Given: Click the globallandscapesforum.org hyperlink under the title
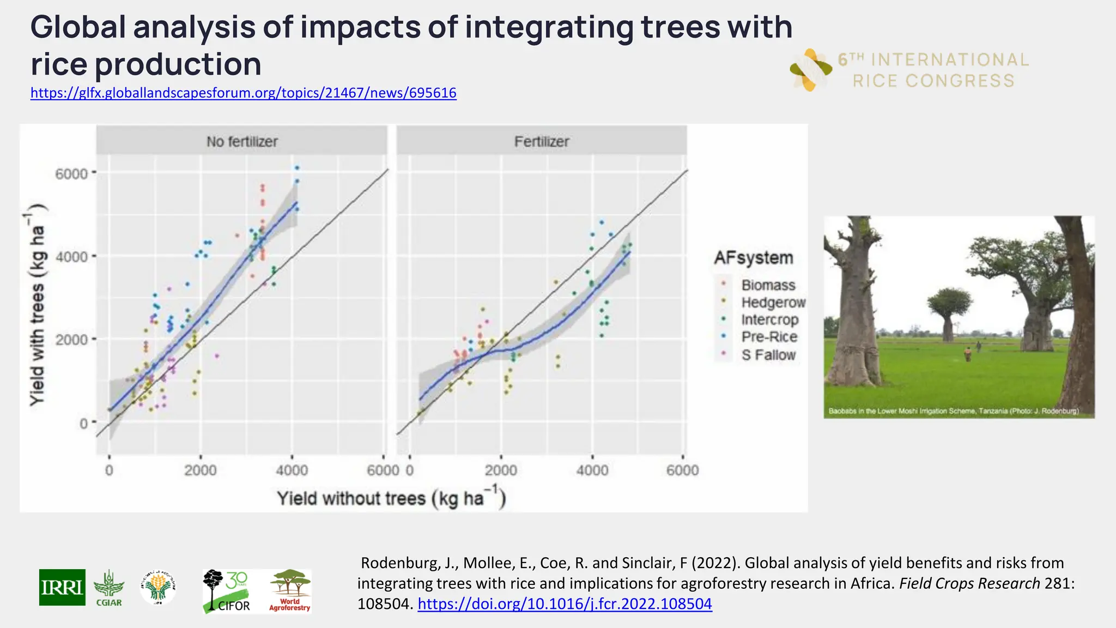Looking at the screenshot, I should click(x=243, y=93).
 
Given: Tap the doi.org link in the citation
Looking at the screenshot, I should click(x=565, y=604).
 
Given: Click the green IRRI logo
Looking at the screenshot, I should click(x=62, y=587).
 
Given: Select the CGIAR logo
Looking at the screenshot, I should click(x=108, y=588).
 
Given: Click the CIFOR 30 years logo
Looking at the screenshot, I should click(x=227, y=591).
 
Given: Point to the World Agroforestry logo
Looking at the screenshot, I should click(x=290, y=591).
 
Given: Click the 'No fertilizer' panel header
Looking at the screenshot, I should click(x=242, y=141).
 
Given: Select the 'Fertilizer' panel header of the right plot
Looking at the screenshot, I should click(x=542, y=141).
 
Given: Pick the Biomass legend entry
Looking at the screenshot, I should click(x=768, y=285).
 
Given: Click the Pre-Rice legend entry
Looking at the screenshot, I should click(x=769, y=337).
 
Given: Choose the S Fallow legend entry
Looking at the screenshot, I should click(x=768, y=355).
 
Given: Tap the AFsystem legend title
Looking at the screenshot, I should click(x=754, y=257).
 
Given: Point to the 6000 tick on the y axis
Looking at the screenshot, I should click(x=72, y=174).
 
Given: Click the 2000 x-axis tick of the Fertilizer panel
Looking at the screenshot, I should click(x=501, y=470).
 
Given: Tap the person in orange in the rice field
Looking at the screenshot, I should click(x=967, y=354).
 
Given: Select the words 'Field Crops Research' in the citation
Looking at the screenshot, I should click(x=969, y=583).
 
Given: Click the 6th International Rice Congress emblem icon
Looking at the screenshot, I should click(x=810, y=70).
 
